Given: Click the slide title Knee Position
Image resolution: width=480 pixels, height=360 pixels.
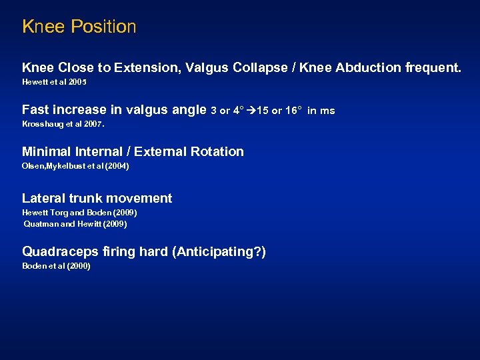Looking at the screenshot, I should point(79,27).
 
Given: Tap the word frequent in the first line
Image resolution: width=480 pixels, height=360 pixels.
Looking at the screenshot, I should point(435,68).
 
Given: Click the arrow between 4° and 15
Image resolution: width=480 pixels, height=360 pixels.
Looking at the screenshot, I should point(251,111).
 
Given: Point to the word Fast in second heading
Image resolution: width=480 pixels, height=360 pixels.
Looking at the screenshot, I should point(36,110).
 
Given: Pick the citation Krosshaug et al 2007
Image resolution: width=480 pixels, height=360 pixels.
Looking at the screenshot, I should point(63,124).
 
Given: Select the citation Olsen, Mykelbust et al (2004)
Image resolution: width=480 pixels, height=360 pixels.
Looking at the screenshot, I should point(75,166).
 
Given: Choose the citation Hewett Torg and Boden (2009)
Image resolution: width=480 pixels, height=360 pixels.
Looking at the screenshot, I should point(79,213).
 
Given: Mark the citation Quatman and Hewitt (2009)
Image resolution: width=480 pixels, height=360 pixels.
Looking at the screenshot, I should point(75,224).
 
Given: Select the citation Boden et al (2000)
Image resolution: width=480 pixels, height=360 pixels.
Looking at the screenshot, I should point(56,266).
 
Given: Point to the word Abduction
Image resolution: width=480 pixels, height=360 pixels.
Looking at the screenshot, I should point(356,68).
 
